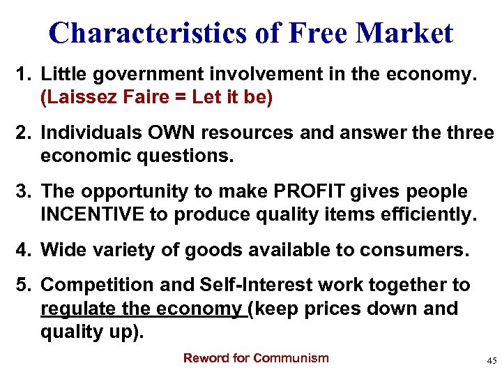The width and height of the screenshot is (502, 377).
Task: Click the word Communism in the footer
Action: [x=291, y=358]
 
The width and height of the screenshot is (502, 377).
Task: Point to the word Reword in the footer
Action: [x=206, y=358]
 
